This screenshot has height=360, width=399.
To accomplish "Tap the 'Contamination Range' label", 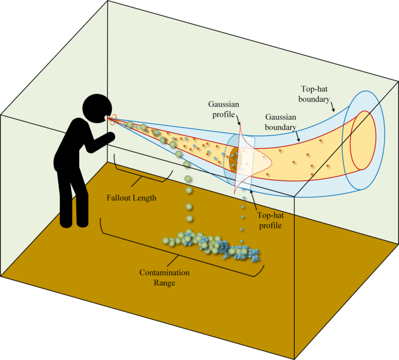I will (165, 277).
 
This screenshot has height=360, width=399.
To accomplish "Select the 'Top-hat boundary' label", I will (315, 94).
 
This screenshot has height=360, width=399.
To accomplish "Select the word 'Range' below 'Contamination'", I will (165, 282).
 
